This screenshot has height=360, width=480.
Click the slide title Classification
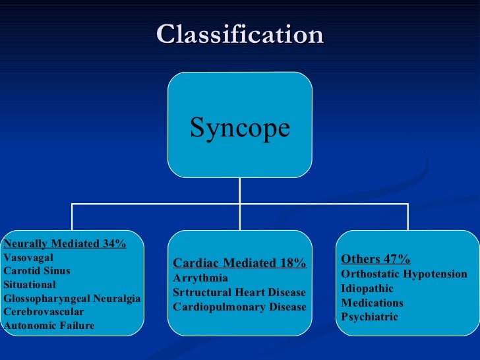click(240, 34)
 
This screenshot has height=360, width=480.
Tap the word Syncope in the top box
click(240, 127)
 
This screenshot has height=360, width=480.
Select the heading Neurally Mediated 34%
click(65, 243)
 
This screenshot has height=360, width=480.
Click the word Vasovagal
click(28, 257)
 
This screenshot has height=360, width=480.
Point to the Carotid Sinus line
click(37, 271)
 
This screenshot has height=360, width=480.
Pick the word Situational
click(30, 285)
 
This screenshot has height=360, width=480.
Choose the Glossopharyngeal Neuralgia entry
click(72, 299)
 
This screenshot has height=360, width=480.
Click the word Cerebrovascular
click(44, 312)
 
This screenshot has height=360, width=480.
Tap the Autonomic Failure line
click(49, 326)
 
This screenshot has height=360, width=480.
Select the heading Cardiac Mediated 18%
click(239, 264)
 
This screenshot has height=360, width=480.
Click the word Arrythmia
click(200, 278)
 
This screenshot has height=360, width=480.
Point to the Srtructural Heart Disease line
click(239, 292)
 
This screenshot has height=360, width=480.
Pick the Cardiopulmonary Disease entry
click(239, 307)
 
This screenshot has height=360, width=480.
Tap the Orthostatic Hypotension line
click(404, 274)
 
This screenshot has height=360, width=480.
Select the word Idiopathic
click(367, 288)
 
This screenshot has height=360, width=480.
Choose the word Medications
click(372, 303)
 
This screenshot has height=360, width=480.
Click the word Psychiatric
click(369, 317)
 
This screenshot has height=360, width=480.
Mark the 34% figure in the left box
click(114, 243)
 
